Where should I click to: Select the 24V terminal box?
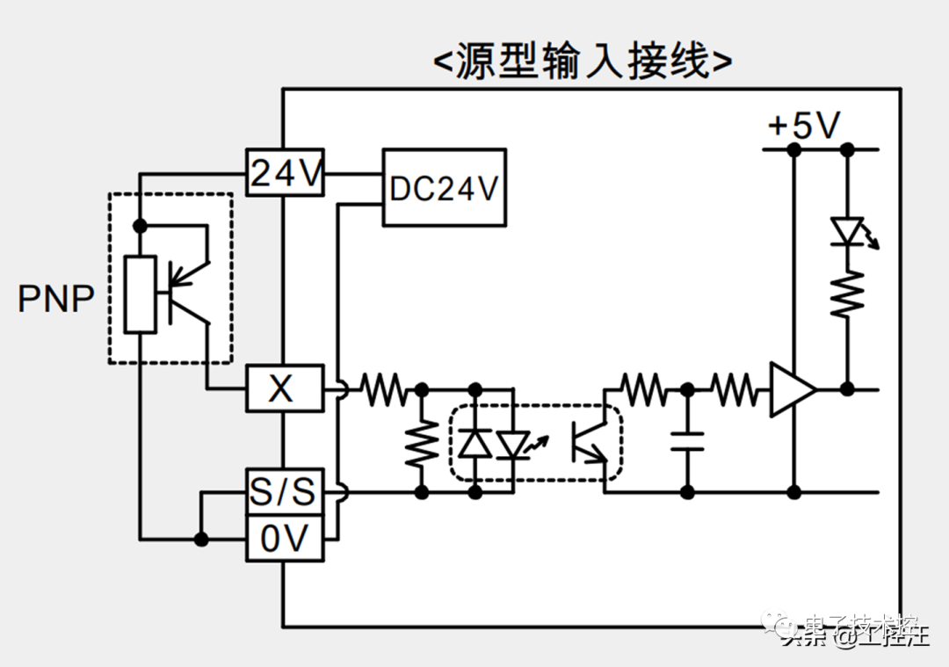[285, 173]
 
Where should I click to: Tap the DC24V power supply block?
[444, 188]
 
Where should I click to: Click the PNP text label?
[56, 300]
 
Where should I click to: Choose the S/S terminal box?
[284, 491]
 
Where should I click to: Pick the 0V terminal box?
[284, 539]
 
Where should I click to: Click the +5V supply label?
[804, 127]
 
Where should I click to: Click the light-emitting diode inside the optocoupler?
[511, 443]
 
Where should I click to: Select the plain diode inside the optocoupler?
[475, 443]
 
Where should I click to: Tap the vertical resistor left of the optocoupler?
[422, 445]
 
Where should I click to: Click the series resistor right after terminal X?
[383, 388]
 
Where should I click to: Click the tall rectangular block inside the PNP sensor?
[141, 294]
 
